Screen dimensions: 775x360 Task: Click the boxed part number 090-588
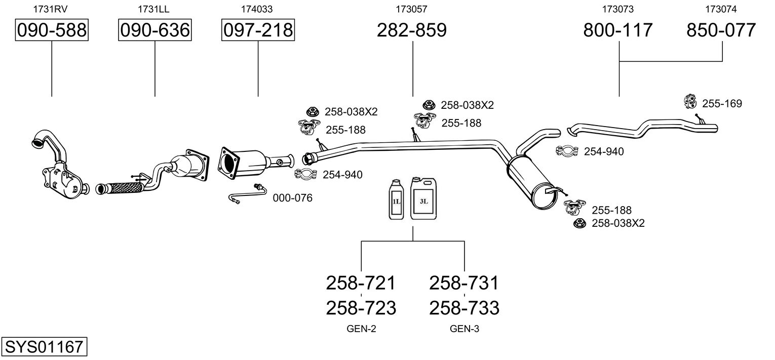tap(52, 30)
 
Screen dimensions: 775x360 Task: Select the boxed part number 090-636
tap(155, 30)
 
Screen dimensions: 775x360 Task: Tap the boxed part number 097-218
tap(258, 30)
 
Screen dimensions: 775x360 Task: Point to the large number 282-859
tap(412, 30)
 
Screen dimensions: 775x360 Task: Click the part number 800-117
tap(618, 30)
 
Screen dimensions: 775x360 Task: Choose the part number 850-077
tap(721, 30)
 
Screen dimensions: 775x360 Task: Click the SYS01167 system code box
tap(44, 346)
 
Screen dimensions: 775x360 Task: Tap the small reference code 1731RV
tap(50, 9)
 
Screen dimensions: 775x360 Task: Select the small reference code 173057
tap(411, 9)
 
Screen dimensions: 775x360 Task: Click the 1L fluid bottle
tap(396, 199)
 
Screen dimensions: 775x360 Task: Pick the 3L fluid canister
tap(423, 198)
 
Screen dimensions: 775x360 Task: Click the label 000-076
tap(292, 198)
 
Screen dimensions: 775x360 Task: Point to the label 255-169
tap(722, 103)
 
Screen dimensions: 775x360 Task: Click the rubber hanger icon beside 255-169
tap(690, 101)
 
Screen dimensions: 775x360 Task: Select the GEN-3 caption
tap(464, 329)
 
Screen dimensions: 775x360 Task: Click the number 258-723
tap(361, 308)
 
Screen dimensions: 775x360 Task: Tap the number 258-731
tap(464, 283)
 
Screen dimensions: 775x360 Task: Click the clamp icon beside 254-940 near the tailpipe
tap(567, 151)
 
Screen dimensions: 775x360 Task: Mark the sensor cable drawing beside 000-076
tap(247, 193)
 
